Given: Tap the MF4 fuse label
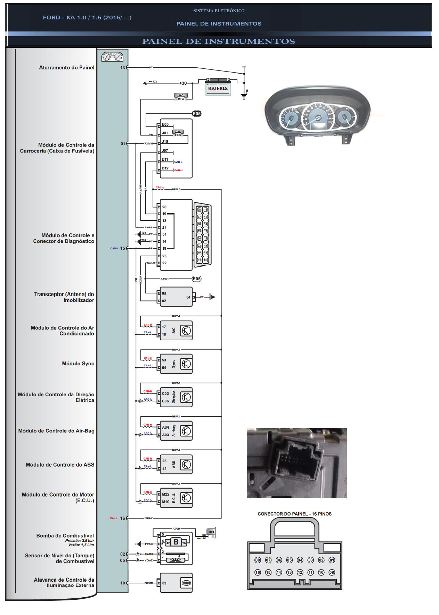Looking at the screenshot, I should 181,99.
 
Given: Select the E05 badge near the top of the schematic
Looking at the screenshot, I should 197,114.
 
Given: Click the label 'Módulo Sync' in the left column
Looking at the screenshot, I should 78,364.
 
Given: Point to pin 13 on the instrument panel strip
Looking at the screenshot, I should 122,68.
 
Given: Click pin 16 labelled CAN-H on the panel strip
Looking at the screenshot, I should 122,518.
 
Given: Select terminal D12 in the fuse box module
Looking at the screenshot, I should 165,168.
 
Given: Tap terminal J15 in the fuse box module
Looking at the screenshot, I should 165,142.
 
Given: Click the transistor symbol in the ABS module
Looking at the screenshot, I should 186,465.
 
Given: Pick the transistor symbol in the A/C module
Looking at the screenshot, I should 186,331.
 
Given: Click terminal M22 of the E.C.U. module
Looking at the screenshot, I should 165,494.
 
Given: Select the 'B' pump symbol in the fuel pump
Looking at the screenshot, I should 176,542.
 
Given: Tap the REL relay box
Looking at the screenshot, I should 211,532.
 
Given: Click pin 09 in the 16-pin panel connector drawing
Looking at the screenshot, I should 332,572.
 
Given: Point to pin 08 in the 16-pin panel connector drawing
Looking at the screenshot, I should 258,560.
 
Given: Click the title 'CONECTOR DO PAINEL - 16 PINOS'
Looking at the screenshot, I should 294,514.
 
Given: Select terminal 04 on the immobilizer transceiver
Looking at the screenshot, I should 188,297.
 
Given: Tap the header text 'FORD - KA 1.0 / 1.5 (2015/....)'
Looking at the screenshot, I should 87,17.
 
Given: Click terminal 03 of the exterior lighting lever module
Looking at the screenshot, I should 164,583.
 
